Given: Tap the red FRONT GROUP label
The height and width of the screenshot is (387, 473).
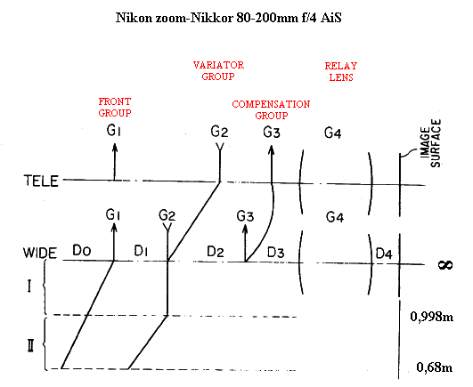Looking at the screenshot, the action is coord(115,108).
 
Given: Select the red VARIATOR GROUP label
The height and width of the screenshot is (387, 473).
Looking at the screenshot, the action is coord(218,71).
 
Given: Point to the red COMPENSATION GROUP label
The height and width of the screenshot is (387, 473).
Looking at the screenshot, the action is coord(271,110).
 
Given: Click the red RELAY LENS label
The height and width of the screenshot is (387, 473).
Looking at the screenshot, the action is coord(341,72).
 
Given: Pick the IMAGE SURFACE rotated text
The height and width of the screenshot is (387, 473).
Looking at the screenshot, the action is coord(430,143).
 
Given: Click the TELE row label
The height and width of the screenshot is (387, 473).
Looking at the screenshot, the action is coord(41,181).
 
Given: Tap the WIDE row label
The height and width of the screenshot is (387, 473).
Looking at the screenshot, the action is coord(40,253).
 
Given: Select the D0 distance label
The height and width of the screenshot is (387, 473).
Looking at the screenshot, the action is coord(82,251).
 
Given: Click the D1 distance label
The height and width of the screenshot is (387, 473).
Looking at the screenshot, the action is coord(141,251).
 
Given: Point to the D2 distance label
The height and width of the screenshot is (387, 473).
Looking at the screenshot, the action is coord(216,252).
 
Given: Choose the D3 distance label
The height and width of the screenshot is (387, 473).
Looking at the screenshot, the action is coord(276,253).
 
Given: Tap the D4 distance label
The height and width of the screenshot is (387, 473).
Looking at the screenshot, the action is coord(384,254).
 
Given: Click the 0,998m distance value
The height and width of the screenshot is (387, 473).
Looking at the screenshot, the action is coord(432,317).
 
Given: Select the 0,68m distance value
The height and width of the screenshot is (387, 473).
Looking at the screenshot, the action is coord(435,367).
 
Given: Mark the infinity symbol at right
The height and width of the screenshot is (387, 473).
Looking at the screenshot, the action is coord(445,265).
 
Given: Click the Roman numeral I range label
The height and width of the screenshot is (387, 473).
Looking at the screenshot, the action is coord(29,286).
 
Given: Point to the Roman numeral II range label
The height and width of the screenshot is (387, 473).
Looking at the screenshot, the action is coord(30,345).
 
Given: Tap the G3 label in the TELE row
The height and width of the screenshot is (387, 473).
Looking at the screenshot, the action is coord(272,133).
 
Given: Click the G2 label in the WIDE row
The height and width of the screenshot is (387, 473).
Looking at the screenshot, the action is coord(167,215).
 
